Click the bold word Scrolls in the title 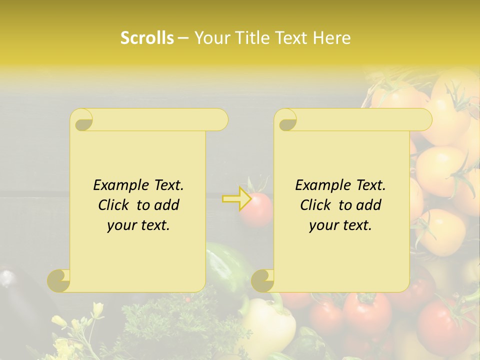(x=147, y=38)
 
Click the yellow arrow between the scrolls (x=236, y=199)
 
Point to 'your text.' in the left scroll (x=138, y=225)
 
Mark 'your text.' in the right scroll (x=340, y=225)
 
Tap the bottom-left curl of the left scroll (x=58, y=280)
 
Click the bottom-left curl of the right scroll (x=262, y=280)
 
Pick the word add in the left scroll (x=167, y=205)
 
